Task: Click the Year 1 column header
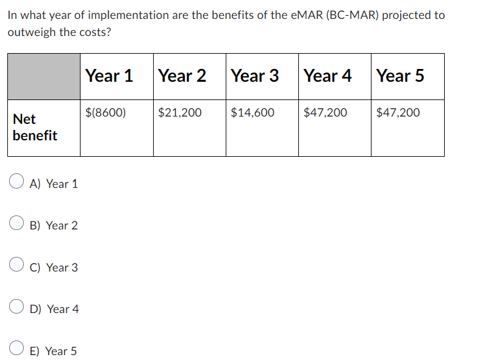(x=109, y=76)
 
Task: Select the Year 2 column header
(x=182, y=76)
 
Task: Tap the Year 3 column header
(x=254, y=76)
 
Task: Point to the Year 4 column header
(x=328, y=76)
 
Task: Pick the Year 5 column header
(x=400, y=76)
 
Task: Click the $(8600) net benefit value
(x=106, y=112)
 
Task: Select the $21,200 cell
(x=179, y=112)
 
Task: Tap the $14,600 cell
(x=253, y=112)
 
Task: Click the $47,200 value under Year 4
(x=325, y=112)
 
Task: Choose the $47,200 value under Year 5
(x=398, y=112)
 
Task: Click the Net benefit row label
(x=35, y=127)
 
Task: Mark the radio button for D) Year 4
(x=16, y=308)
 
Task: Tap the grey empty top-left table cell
(x=44, y=76)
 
